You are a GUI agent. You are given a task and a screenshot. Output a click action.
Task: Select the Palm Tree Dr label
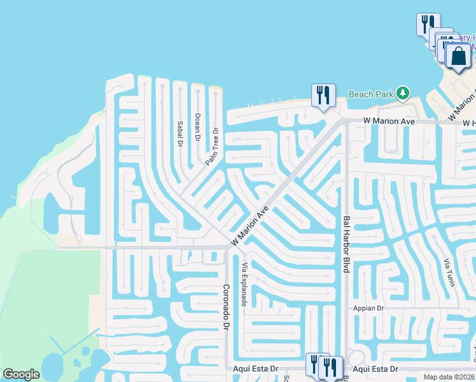click(212, 147)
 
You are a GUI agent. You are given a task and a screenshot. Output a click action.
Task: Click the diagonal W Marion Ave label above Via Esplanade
click(250, 226)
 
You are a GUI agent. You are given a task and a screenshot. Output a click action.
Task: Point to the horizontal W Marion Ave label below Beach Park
click(389, 121)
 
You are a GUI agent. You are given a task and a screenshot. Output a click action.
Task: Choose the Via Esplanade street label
click(244, 284)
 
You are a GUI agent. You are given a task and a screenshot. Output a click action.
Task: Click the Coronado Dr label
click(225, 306)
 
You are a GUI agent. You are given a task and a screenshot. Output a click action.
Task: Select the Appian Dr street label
click(368, 308)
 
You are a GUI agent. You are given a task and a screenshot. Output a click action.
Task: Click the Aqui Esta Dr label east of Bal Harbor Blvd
click(375, 369)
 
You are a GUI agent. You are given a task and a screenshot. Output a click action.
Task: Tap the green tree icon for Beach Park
click(402, 94)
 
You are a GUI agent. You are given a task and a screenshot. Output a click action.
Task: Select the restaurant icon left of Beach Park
click(323, 95)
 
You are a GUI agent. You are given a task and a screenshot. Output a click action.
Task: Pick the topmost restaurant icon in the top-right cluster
click(427, 25)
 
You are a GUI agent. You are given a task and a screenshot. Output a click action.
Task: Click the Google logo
click(21, 374)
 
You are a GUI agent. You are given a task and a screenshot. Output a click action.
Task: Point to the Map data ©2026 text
click(449, 377)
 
